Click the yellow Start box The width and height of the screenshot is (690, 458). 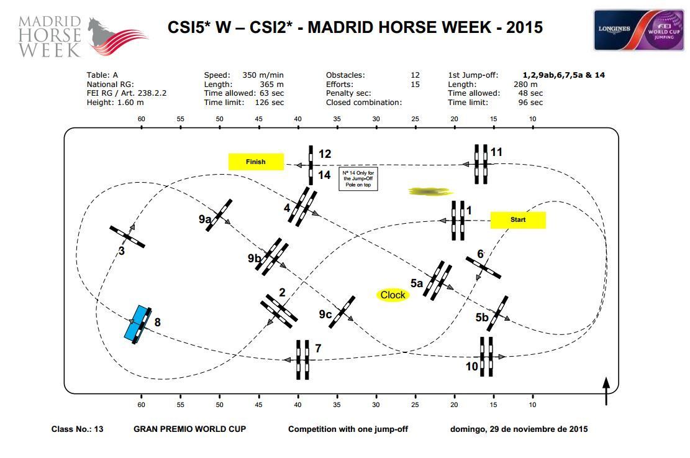pyautogui.click(x=518, y=220)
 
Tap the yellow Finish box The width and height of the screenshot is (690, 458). pyautogui.click(x=256, y=162)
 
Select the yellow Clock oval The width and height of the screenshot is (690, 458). pyautogui.click(x=393, y=295)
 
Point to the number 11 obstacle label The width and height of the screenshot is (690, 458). pyautogui.click(x=496, y=152)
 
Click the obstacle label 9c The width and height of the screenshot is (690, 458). pyautogui.click(x=325, y=314)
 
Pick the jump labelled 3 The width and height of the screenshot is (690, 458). pyautogui.click(x=127, y=236)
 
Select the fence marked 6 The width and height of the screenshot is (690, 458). pyautogui.click(x=484, y=267)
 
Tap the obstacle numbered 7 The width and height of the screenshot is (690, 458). pyautogui.click(x=302, y=360)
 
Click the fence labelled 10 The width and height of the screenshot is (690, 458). pyautogui.click(x=486, y=357)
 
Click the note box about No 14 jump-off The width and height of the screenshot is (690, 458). pyautogui.click(x=358, y=178)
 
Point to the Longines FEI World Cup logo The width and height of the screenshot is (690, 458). pyautogui.click(x=638, y=30)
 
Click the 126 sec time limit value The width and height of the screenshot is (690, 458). pyautogui.click(x=270, y=103)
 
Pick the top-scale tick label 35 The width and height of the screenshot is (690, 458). pyautogui.click(x=337, y=119)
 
